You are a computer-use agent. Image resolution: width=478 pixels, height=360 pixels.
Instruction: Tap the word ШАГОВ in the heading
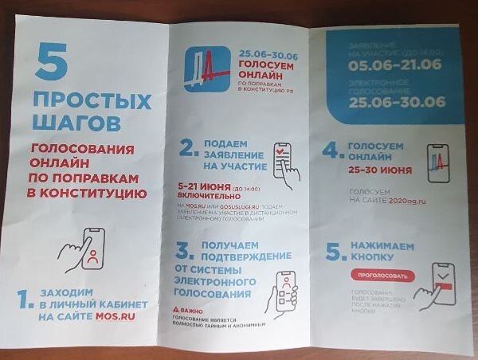pos(78,123)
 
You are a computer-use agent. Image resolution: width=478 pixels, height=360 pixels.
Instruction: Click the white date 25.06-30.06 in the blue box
pos(396,103)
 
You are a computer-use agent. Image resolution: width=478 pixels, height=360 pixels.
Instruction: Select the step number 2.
pos(188,148)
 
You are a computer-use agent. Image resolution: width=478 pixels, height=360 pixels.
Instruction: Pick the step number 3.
pos(184,252)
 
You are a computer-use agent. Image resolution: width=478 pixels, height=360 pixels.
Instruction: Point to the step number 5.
pos(334,251)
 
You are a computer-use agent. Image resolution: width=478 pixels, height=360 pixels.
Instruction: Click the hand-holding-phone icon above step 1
pos(83,250)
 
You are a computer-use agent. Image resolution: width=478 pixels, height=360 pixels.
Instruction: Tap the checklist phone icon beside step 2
pos(284,160)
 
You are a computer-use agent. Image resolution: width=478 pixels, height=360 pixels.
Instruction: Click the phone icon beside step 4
pos(438,163)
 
